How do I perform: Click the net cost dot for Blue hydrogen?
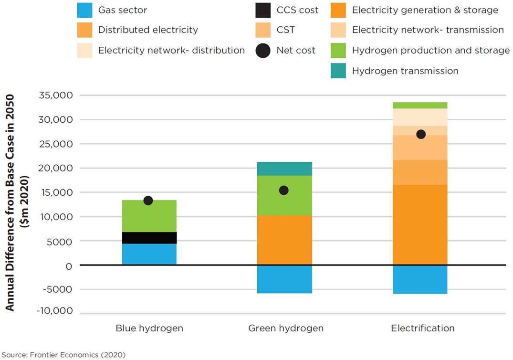coord(148,201)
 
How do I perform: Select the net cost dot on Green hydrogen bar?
coord(284,191)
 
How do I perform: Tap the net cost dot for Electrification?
coord(420,134)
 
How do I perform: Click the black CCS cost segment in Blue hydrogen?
coord(149,238)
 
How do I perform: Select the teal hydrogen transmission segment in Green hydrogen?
coord(284,169)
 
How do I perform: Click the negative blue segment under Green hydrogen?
coord(284,279)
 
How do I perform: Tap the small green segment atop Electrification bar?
coord(420,105)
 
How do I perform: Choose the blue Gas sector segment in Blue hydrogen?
coord(149,254)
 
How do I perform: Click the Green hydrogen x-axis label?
coord(286,328)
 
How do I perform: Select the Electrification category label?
coord(423,328)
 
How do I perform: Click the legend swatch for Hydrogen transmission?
coord(338,71)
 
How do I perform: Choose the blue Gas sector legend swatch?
coord(84,10)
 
